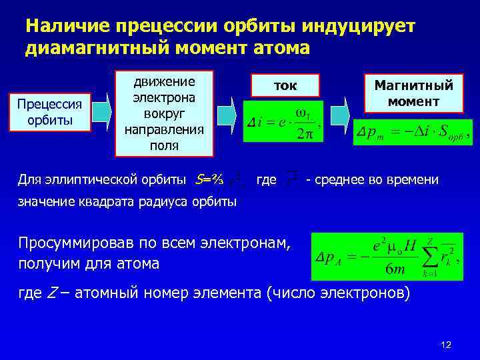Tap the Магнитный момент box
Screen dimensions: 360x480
coord(413,93)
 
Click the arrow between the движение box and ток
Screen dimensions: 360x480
coord(228,110)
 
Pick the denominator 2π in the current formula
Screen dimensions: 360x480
coord(304,132)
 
